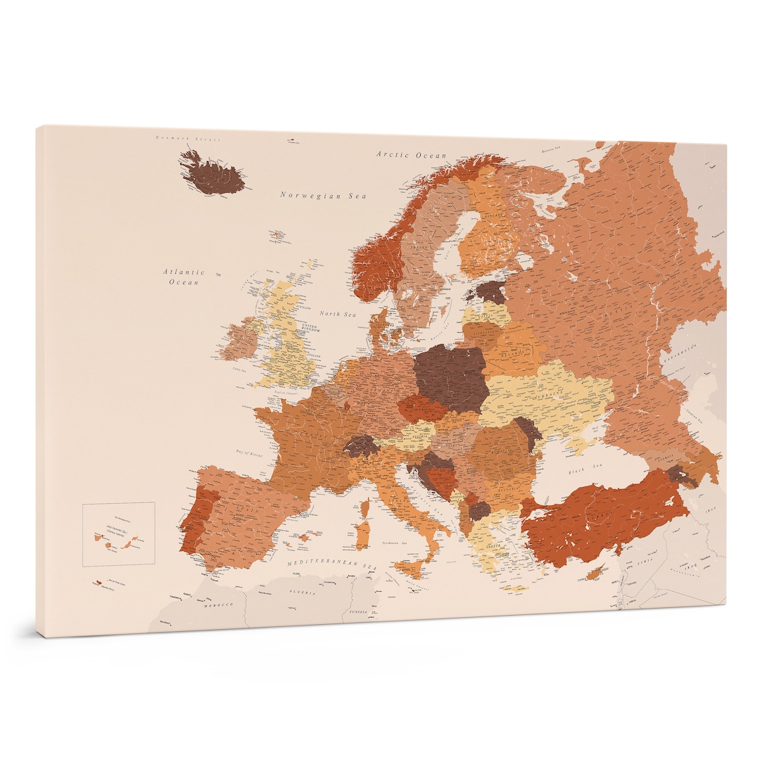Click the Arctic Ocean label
tap(411, 155)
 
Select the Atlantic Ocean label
tap(184, 277)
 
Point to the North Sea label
tap(338, 313)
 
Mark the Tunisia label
tap(357, 612)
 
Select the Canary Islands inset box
tap(118, 534)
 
